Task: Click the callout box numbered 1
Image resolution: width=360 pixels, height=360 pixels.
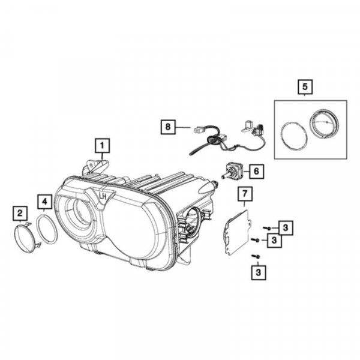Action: [x=103, y=146]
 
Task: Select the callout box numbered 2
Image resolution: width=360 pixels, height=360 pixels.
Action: [x=20, y=214]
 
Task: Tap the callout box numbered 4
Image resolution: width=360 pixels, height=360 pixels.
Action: [x=44, y=202]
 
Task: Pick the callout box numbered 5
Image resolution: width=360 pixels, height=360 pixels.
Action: [x=305, y=87]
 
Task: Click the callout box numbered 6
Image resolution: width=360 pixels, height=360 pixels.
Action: [x=256, y=171]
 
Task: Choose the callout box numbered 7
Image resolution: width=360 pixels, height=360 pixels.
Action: [x=245, y=194]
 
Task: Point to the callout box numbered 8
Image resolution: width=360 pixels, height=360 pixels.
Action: [x=168, y=127]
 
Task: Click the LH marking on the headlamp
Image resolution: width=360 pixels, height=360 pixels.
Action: [x=103, y=197]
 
